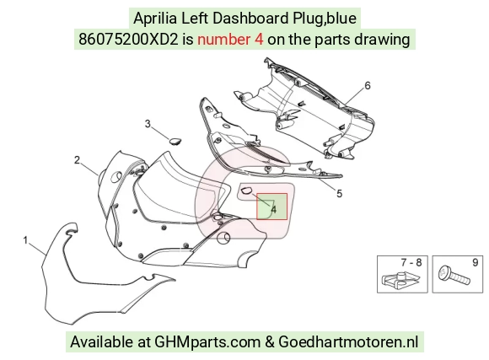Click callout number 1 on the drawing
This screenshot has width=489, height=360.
click(25, 240)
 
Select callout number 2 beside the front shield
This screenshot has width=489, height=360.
click(77, 160)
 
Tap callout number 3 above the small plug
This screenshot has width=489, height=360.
click(148, 124)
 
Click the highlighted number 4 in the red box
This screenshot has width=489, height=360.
click(273, 210)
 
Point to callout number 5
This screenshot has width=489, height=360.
click(339, 194)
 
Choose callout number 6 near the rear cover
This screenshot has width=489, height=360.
click(368, 85)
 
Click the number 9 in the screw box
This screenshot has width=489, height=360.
click(475, 262)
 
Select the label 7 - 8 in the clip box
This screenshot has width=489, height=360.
click(411, 262)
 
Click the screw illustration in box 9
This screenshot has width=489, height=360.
click(454, 275)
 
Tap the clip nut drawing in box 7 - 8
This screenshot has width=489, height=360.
click(401, 278)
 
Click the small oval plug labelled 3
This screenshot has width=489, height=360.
click(176, 141)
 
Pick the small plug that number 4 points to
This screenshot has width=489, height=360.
click(246, 190)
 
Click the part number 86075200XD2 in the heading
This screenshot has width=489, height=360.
click(128, 40)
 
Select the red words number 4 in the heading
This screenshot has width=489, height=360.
click(230, 40)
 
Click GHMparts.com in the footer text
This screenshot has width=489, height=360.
click(207, 342)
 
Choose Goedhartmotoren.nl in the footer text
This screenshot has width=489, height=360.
click(348, 341)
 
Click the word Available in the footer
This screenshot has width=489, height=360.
click(101, 341)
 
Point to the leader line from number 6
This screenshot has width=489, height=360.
click(354, 96)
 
